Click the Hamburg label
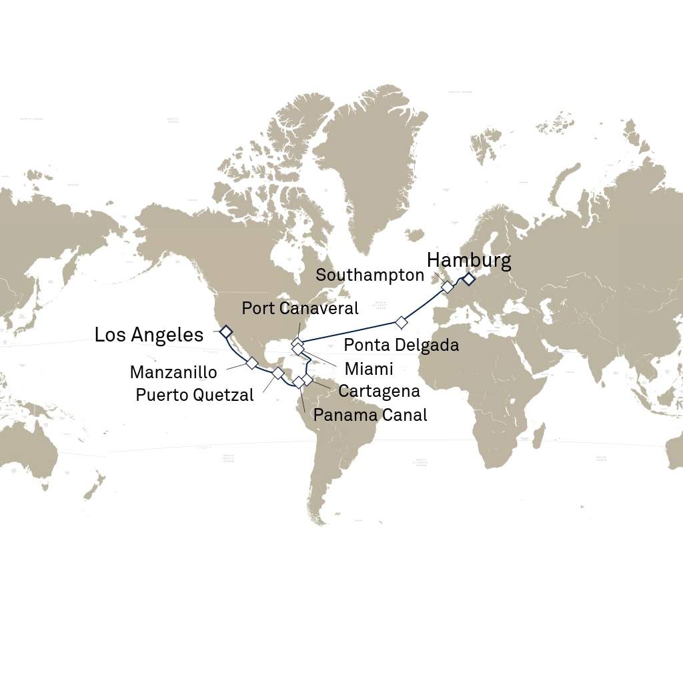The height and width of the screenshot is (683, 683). (469, 260)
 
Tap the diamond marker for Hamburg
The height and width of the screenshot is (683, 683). (469, 279)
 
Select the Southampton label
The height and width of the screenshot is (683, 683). (370, 275)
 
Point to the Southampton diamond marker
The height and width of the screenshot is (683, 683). (447, 287)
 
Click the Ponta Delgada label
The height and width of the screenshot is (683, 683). (402, 345)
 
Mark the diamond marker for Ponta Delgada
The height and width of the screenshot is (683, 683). (401, 323)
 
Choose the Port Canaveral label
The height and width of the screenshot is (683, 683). (300, 308)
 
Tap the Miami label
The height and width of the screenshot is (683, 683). (369, 369)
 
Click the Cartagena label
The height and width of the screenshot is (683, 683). (379, 391)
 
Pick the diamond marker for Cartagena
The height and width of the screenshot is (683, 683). (307, 380)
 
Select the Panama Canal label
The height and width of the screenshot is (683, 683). (370, 415)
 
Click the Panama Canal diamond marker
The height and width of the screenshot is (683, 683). (299, 382)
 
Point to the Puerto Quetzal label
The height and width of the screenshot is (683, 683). (195, 395)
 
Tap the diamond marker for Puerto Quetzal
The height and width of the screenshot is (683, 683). (277, 373)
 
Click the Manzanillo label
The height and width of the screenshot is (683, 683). (173, 372)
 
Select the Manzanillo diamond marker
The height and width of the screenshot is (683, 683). (251, 363)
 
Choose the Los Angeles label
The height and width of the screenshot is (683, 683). (149, 335)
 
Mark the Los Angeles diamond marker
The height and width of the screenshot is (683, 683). (225, 331)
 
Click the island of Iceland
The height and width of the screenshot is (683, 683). (415, 235)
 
